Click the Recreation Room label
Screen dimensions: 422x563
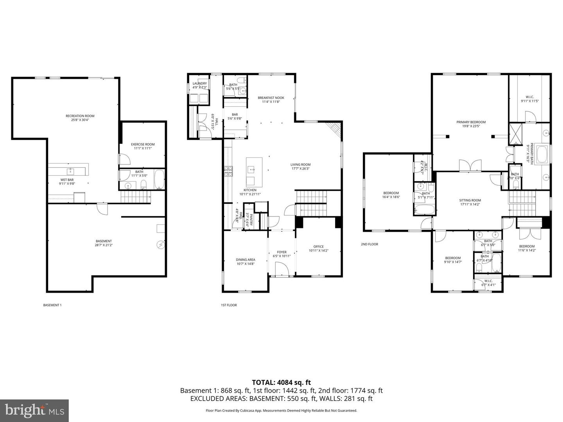click(80, 116)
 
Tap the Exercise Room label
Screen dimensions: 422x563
click(143, 144)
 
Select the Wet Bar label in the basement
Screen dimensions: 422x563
click(66, 180)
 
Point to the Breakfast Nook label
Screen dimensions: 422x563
click(271, 98)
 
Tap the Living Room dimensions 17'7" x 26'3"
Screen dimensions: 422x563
click(300, 169)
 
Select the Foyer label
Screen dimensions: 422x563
click(281, 252)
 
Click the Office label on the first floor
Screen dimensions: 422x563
click(318, 247)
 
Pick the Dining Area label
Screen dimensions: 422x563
click(246, 259)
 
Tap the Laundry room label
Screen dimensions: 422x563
click(199, 83)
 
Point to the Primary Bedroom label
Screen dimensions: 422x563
click(471, 122)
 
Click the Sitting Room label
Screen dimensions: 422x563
click(470, 200)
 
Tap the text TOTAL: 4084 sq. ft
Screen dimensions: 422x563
click(281, 383)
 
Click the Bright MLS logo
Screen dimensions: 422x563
click(34, 410)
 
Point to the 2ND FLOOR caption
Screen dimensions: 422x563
click(369, 244)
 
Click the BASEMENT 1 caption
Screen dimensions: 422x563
click(52, 305)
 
